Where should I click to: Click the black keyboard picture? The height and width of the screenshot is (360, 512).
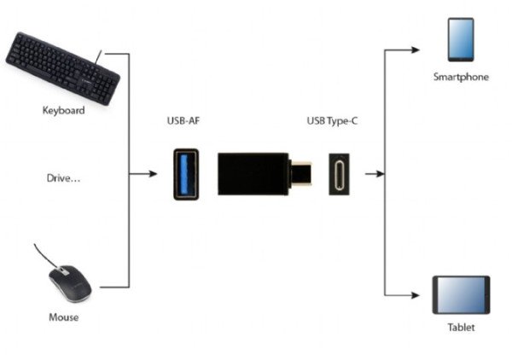[x=62, y=68]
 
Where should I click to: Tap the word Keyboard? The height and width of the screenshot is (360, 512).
[x=64, y=110]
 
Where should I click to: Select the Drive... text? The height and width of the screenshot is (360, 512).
[x=63, y=178]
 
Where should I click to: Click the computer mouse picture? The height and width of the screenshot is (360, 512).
[x=70, y=283]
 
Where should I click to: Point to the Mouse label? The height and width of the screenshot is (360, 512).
[x=64, y=317]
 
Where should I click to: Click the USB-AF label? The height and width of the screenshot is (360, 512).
[x=183, y=121]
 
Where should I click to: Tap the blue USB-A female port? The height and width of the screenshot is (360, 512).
[x=186, y=174]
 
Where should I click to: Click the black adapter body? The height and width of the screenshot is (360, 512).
[x=253, y=174]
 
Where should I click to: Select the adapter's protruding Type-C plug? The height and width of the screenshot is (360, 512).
[x=300, y=173]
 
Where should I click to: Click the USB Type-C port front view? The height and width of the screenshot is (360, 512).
[x=339, y=174]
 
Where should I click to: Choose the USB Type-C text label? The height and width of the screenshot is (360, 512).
[x=332, y=121]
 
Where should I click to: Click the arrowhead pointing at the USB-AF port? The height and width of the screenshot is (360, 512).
[x=153, y=174]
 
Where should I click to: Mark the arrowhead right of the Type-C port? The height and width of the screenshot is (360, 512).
[x=380, y=174]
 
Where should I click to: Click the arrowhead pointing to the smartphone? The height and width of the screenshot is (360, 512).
[x=416, y=50]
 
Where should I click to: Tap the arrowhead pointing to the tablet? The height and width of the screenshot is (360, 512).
[x=416, y=295]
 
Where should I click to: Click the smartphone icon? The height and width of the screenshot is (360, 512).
[x=461, y=40]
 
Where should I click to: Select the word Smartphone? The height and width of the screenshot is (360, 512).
[x=461, y=77]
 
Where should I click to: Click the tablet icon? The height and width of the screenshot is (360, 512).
[x=461, y=295]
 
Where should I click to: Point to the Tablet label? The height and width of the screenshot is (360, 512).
[x=461, y=328]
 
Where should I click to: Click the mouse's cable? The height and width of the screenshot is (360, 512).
[x=46, y=256]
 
